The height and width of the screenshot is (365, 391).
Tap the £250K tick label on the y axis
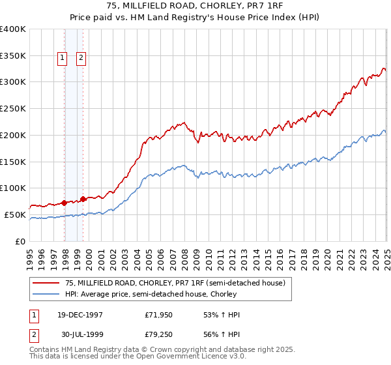pyautogui.click(x=13, y=109)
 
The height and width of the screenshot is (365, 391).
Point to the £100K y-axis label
pyautogui.click(x=13, y=188)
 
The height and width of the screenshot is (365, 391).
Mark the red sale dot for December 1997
pyautogui.click(x=65, y=202)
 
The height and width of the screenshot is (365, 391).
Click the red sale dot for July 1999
pyautogui.click(x=83, y=198)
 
